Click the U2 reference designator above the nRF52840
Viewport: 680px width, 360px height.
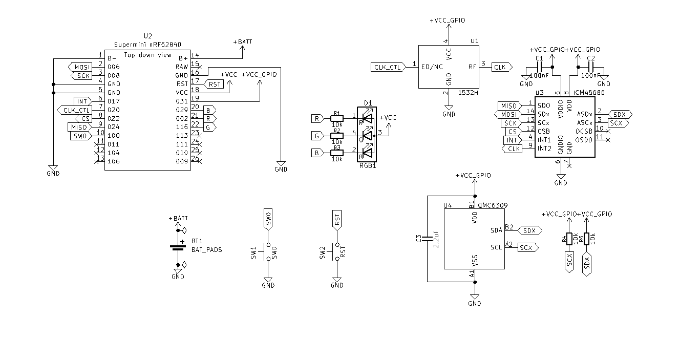[x=148, y=36]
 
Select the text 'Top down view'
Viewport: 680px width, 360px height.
[x=148, y=55]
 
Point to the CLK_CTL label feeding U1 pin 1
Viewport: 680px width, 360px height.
[x=387, y=67]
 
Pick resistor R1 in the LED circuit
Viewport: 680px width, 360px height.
[x=336, y=118]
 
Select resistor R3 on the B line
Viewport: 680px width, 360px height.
[x=336, y=153]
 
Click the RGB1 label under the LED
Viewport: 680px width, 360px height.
[x=367, y=166]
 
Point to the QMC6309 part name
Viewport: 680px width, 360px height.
[x=493, y=205]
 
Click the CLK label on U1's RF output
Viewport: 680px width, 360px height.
[x=500, y=67]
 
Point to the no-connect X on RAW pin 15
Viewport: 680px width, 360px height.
[x=200, y=67]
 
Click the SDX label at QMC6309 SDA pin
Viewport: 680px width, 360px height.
[x=529, y=230]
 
